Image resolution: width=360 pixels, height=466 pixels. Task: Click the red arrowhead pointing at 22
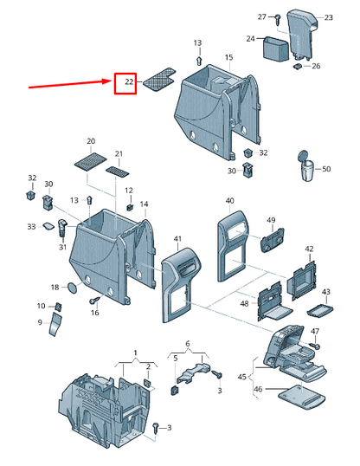pos(106,81)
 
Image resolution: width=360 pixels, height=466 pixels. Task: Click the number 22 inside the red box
pos(129,81)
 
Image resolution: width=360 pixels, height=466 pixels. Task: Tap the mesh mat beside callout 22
pos(159,80)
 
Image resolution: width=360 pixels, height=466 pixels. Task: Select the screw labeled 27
pos(278,20)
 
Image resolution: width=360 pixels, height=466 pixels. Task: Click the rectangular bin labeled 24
pos(276,49)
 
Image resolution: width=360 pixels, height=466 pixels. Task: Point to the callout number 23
pos(328,18)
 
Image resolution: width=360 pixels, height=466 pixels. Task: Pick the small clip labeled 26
pos(298,66)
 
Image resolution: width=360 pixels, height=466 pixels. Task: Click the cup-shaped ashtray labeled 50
pos(306,165)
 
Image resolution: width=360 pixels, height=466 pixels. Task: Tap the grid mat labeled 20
pos(90,161)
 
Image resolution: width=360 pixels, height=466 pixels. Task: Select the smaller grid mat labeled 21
pos(118,172)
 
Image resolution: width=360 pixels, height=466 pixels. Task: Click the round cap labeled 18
pos(72,288)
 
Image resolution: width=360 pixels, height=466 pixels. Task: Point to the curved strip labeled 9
pos(55,324)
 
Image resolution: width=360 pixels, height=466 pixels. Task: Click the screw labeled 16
pos(93,301)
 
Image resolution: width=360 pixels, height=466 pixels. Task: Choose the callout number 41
pos(177,239)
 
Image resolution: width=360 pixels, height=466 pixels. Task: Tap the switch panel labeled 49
pos(272,240)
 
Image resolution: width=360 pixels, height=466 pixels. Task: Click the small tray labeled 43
pos(320,310)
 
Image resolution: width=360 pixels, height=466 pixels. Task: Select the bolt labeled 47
pos(315,346)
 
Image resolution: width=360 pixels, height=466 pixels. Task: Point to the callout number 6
pos(188,344)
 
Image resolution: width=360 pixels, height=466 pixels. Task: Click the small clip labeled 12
pos(130,207)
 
